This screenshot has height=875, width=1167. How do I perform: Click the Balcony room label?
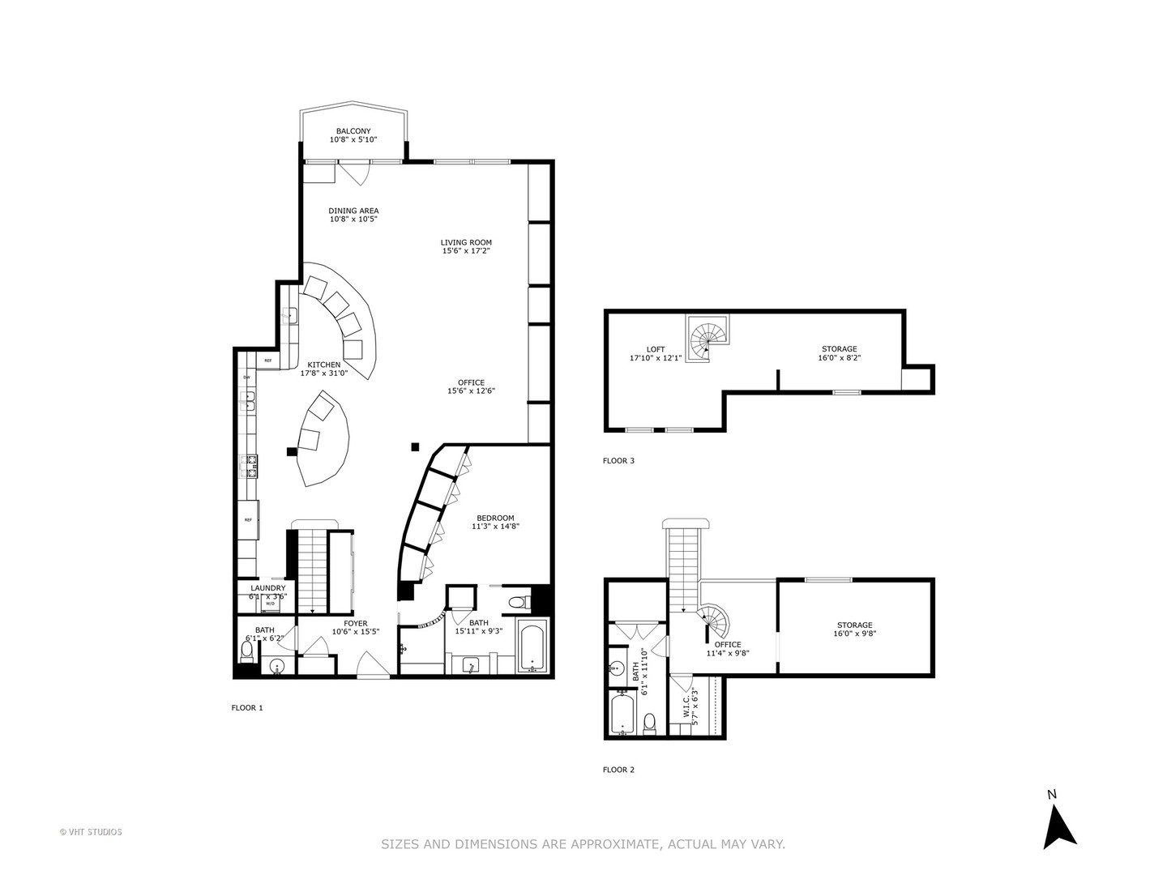[x=353, y=131]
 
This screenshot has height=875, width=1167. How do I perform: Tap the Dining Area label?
[x=353, y=211]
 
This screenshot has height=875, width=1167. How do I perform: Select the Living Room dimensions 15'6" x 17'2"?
[x=466, y=251]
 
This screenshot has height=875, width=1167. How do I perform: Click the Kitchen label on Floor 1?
[x=323, y=365]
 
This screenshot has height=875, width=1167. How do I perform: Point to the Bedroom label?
[x=494, y=519]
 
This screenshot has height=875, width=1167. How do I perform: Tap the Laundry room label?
[x=267, y=588]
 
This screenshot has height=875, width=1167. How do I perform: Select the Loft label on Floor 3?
[x=656, y=349]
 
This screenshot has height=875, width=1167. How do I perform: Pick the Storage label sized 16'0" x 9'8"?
[x=854, y=625]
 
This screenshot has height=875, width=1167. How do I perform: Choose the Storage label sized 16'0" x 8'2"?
[x=839, y=349]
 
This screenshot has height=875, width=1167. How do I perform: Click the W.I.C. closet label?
[x=686, y=703]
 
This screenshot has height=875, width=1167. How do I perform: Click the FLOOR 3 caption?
[x=618, y=461]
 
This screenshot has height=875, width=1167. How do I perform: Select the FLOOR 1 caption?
[x=247, y=707]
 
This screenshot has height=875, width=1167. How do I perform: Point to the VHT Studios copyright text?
[x=91, y=831]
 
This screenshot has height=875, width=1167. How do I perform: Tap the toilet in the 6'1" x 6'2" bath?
[x=247, y=667]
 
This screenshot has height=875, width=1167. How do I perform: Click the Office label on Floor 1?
[x=471, y=382]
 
